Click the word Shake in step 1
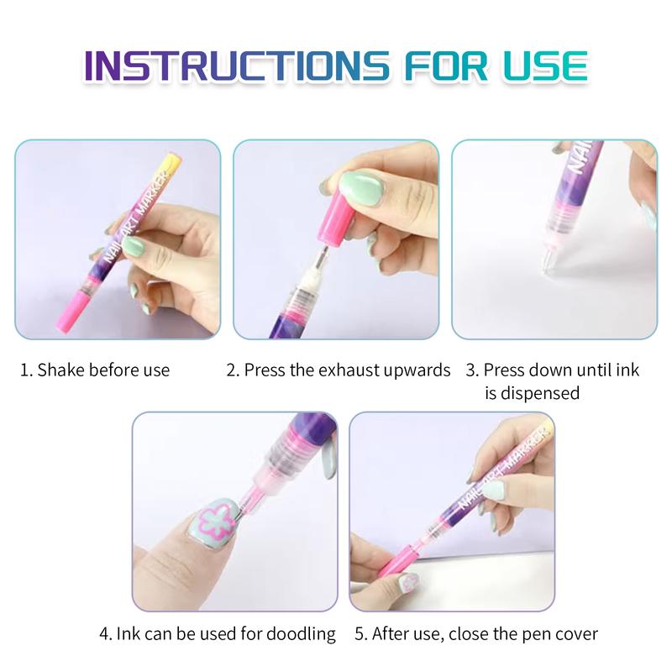(x=60, y=370)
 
